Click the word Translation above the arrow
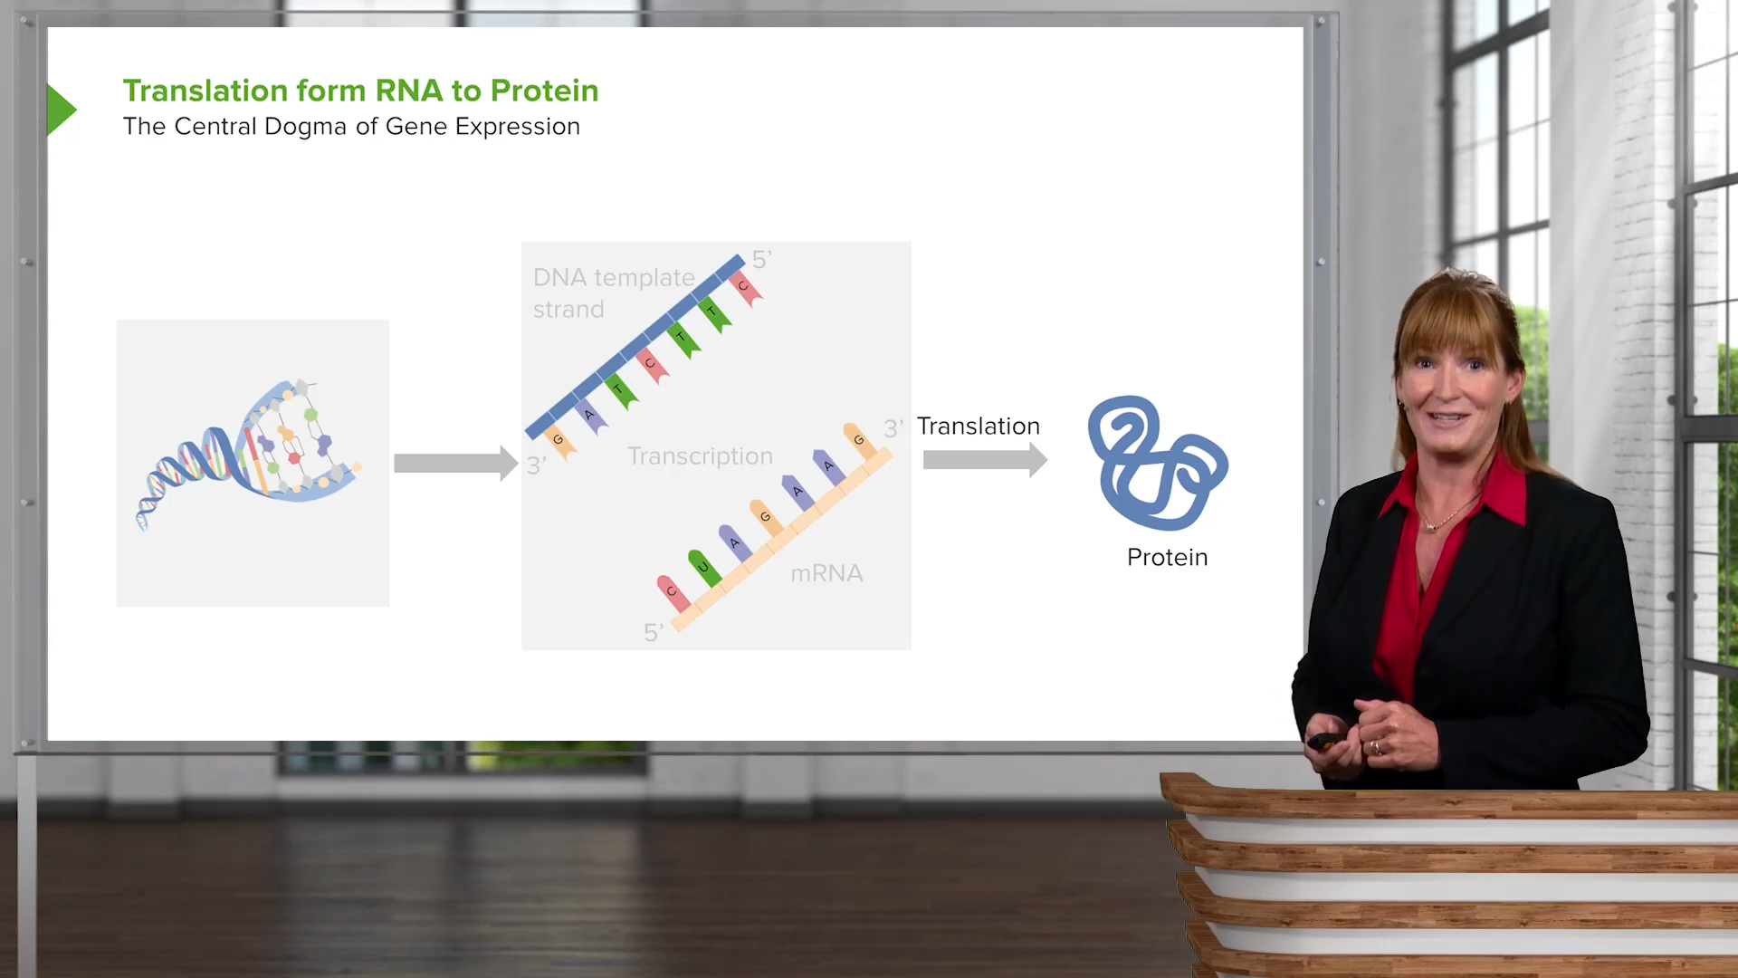[x=978, y=426]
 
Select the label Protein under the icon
[x=1167, y=557]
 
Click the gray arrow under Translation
[x=985, y=460]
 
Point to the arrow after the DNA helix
[x=455, y=463]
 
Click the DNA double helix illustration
[x=249, y=453]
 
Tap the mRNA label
[x=826, y=573]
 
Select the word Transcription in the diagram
[x=700, y=455]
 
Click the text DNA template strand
[x=614, y=292]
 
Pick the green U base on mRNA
[x=703, y=567]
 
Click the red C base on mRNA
[x=673, y=592]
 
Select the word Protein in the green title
[x=544, y=91]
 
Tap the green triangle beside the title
[x=61, y=110]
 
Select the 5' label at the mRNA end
[x=653, y=632]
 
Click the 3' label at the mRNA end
[x=893, y=428]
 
